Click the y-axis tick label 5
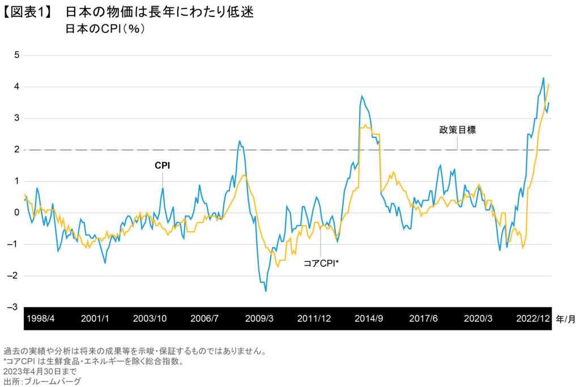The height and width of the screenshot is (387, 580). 17,55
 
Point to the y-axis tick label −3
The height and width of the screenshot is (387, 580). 15,307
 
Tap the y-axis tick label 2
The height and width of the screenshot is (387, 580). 17,150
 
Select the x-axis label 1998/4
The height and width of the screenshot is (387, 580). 41,318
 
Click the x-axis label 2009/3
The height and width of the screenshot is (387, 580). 259,318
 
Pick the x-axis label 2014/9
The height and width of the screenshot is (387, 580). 369,318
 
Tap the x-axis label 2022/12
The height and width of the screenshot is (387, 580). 532,318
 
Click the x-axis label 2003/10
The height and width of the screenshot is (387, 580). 150,318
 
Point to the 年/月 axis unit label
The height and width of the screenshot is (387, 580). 566,318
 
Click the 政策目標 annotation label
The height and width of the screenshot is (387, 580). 457,130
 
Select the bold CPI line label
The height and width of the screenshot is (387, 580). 163,165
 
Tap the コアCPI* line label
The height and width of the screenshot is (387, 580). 321,262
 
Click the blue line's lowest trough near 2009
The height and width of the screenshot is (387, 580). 266,291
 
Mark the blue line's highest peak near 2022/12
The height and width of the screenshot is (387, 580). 543,78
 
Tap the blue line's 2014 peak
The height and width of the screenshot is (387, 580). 361,96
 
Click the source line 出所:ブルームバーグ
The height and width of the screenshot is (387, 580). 42,381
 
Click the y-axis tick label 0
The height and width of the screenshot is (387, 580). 17,212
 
